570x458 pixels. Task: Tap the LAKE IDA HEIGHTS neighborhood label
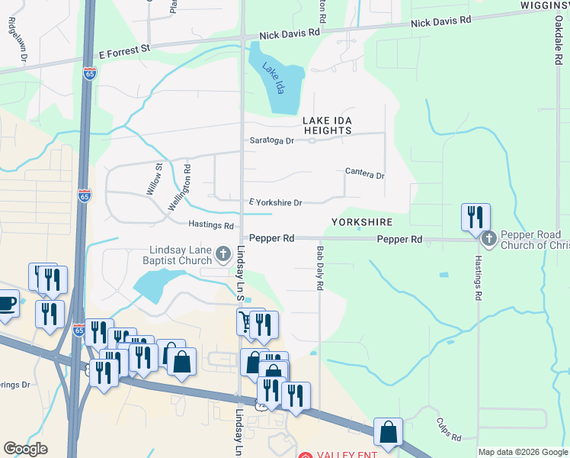(327, 125)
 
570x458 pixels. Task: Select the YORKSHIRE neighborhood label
(361, 222)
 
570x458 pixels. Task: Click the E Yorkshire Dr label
(276, 202)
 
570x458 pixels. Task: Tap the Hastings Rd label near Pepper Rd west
(211, 225)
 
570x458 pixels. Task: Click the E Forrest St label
(126, 52)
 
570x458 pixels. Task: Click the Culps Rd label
(449, 430)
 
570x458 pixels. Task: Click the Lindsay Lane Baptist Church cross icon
(223, 253)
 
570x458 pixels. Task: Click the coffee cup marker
(7, 304)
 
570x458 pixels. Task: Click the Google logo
(25, 450)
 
